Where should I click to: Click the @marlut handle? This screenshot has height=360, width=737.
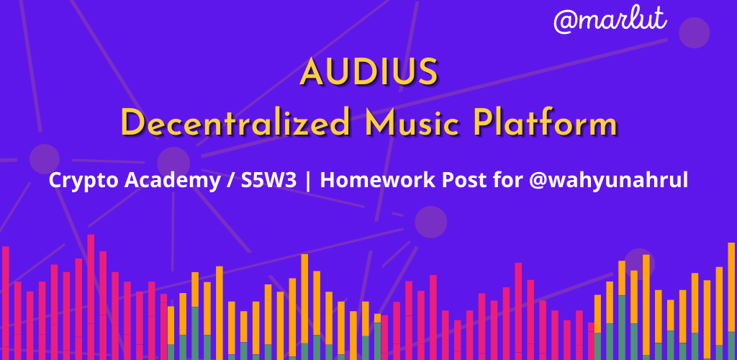610,20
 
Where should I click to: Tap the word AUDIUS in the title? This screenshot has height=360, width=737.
369,73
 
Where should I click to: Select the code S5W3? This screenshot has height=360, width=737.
268,181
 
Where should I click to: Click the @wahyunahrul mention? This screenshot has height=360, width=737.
608,181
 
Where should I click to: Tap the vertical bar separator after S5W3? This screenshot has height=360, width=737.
308,181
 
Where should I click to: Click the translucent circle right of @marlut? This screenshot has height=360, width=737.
695,33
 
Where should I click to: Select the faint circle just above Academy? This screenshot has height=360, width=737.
173,162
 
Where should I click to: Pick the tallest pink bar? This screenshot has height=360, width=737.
91,297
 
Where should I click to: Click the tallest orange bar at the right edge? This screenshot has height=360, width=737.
731,301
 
